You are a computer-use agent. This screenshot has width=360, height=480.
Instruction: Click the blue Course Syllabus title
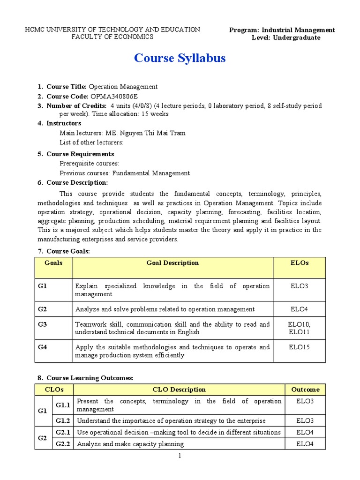[180, 58]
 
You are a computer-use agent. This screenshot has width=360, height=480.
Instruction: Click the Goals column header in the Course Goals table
[53, 263]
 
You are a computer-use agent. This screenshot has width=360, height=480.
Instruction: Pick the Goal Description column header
[172, 263]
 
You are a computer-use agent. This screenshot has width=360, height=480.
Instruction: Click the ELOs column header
[300, 263]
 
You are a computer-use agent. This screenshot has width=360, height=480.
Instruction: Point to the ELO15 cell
[300, 347]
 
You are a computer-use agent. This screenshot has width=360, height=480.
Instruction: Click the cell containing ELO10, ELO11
[300, 328]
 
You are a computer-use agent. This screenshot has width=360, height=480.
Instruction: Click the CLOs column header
[54, 390]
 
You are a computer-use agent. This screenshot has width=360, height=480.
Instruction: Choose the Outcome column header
[305, 390]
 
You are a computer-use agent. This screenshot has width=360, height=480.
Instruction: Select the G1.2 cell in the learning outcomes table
[62, 420]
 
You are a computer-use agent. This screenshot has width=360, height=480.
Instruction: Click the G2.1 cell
[62, 432]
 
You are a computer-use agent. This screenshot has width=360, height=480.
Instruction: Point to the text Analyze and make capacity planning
[130, 444]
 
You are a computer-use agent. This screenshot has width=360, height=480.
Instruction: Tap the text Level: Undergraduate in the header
[286, 37]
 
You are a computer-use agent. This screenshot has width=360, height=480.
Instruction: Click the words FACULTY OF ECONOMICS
[112, 37]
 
